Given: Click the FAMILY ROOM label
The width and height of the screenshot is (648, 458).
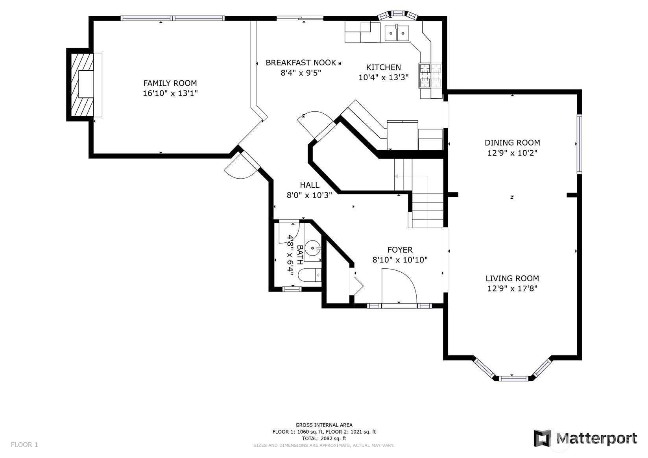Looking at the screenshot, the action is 170,83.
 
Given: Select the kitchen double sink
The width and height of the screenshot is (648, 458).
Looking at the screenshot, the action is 397,33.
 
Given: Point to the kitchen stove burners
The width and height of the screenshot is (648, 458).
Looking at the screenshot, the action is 430,76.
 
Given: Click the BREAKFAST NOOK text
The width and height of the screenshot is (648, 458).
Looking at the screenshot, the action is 301,63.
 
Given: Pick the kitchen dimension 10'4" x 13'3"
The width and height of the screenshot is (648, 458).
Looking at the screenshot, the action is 384,78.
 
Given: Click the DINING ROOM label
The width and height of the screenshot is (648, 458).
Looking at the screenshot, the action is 512,143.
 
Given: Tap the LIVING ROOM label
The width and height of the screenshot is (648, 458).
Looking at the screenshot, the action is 512,278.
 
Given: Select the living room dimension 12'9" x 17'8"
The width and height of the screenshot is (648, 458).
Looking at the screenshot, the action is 512,288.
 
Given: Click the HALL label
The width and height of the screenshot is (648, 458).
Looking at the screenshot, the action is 310,185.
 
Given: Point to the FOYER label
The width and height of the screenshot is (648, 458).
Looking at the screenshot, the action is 400,250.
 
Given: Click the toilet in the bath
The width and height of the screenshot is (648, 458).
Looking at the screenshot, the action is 309,275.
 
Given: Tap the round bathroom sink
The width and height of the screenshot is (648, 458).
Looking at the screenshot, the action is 313,248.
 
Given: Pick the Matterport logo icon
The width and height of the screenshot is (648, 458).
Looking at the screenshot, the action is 542,438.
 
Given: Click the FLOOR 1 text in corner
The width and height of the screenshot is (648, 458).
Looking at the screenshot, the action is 24,445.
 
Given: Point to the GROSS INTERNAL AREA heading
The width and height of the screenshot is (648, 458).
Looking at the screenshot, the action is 324,425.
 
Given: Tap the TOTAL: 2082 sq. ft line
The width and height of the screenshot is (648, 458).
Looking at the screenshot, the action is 324,438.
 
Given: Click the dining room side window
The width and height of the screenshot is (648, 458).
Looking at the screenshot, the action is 580,144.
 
